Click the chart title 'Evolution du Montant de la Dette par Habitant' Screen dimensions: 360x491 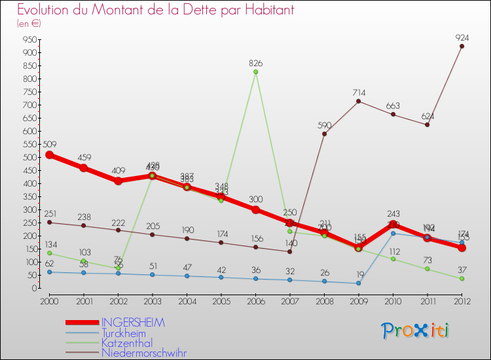click(x=155, y=10)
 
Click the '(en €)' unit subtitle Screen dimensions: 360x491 click(x=29, y=24)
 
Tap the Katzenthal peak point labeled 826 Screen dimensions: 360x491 click(x=255, y=71)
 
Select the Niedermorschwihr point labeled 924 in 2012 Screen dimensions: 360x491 click(x=462, y=46)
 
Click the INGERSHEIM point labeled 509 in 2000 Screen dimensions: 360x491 click(x=49, y=154)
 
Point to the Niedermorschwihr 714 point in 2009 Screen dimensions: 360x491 click(x=359, y=101)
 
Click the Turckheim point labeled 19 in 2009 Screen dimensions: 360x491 click(x=359, y=283)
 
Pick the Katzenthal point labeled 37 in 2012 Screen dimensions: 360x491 click(x=462, y=278)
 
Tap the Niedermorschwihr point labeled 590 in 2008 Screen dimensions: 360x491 click(x=324, y=134)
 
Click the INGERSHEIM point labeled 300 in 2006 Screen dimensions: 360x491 click(x=255, y=209)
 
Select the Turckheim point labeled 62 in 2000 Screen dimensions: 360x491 click(x=49, y=272)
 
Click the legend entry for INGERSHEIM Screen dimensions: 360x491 click(x=133, y=323)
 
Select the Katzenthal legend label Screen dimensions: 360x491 click(x=127, y=342)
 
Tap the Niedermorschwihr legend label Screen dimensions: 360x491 click(x=143, y=353)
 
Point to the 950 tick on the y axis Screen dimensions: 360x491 click(x=29, y=39)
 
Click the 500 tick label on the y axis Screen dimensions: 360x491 click(x=29, y=157)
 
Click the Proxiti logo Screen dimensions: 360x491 click(x=416, y=331)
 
